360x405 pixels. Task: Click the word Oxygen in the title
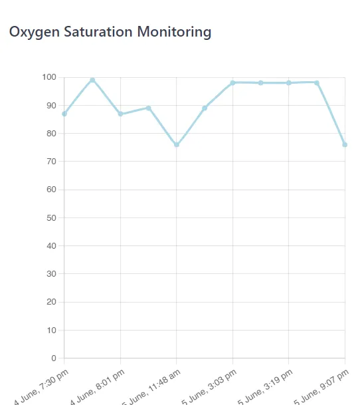(x=31, y=32)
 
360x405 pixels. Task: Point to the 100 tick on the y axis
(x=49, y=77)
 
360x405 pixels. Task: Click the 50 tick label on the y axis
(x=52, y=217)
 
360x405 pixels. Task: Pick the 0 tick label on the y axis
(x=54, y=358)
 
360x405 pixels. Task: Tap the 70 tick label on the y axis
(x=52, y=162)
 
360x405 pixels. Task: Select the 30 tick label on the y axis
(x=52, y=274)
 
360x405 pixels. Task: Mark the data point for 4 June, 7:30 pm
(x=64, y=114)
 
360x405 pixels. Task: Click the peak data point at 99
(x=92, y=80)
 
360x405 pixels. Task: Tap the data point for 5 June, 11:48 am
(x=177, y=144)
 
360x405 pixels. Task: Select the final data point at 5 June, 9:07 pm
(x=345, y=144)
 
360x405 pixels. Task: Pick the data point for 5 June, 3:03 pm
(x=233, y=82)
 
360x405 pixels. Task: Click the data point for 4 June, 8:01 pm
(x=120, y=114)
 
